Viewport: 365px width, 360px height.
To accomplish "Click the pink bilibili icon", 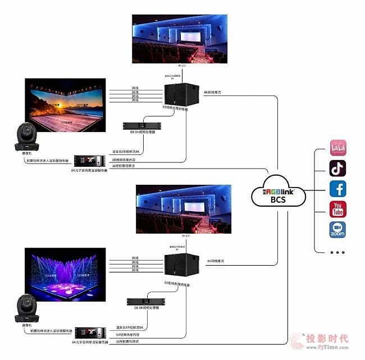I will [338, 148].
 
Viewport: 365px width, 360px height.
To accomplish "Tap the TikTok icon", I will [338, 168].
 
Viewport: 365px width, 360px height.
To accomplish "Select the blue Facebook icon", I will [338, 188].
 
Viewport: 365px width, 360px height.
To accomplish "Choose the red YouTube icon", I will [338, 209].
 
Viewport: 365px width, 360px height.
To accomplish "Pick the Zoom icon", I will [338, 230].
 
